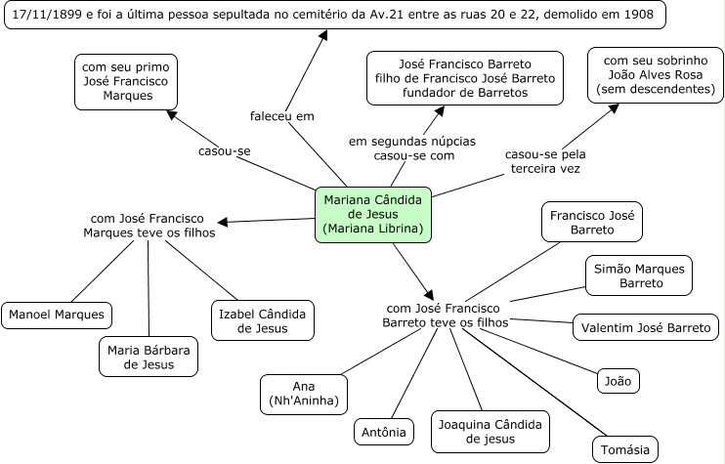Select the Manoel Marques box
[57, 316]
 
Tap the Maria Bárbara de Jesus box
[149, 356]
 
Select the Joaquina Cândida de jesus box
[490, 431]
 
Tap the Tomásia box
[624, 449]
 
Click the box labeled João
[618, 380]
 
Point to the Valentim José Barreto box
[646, 327]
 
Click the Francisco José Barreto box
[592, 222]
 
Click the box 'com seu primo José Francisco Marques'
[122, 81]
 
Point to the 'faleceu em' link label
[280, 115]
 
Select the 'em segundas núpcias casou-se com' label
[415, 148]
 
